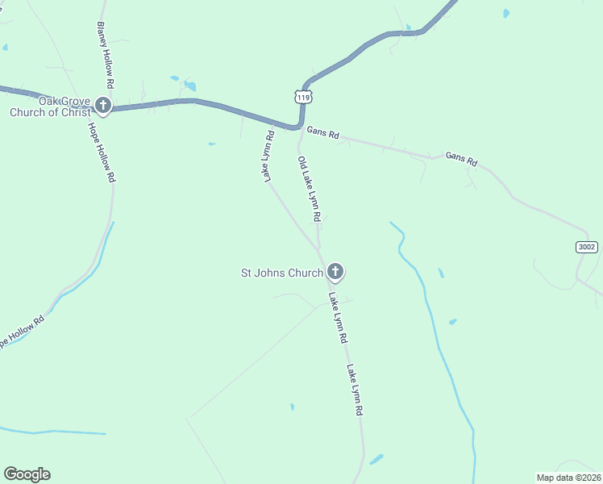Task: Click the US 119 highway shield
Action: pyautogui.click(x=302, y=97)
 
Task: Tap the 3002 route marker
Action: pyautogui.click(x=587, y=247)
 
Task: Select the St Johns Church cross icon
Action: pyautogui.click(x=335, y=273)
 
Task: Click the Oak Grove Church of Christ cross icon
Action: pyautogui.click(x=102, y=105)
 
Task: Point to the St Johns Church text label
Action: pyautogui.click(x=282, y=273)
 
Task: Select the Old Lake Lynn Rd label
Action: pyautogui.click(x=310, y=190)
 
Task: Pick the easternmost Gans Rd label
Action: pyautogui.click(x=462, y=158)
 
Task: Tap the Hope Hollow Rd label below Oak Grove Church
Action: pyautogui.click(x=101, y=154)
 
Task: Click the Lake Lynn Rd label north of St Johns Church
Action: pyautogui.click(x=269, y=156)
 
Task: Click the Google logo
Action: pyautogui.click(x=27, y=474)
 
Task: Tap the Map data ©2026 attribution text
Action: pyautogui.click(x=569, y=477)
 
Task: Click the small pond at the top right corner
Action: pyautogui.click(x=505, y=13)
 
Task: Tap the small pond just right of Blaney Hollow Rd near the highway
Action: pyautogui.click(x=189, y=86)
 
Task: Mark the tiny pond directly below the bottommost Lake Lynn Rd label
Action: pyautogui.click(x=376, y=459)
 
